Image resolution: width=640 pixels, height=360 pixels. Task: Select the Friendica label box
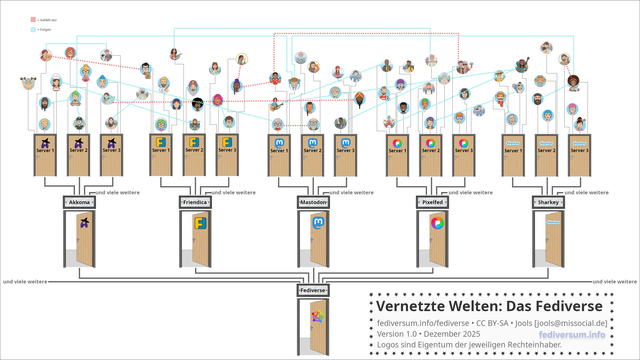[195, 202]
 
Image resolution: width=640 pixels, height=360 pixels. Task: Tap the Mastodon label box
[313, 202]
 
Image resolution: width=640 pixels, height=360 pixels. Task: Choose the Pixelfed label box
[431, 202]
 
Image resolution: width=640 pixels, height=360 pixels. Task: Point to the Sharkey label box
[548, 202]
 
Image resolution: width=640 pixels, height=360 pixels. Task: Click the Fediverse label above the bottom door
[313, 290]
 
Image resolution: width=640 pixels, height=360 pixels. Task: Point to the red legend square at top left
[33, 19]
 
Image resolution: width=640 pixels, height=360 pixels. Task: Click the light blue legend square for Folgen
[33, 31]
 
